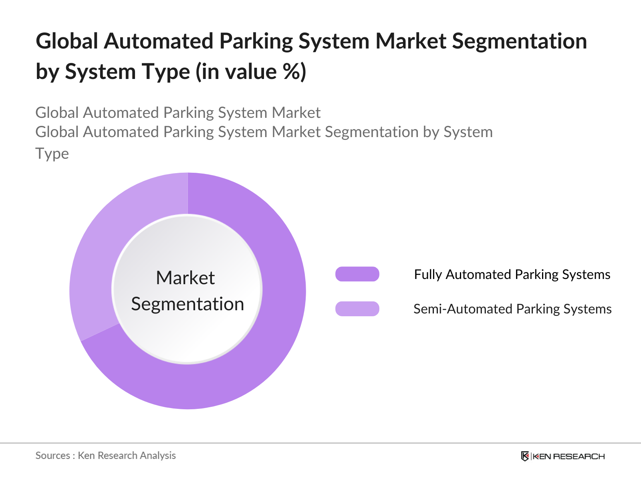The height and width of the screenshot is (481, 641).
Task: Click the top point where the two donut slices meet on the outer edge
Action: (x=188, y=173)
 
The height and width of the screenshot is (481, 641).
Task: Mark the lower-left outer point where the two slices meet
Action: (x=81, y=341)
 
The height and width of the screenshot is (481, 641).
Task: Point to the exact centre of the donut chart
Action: (x=187, y=291)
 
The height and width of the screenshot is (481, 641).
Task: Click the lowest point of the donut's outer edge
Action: (x=187, y=409)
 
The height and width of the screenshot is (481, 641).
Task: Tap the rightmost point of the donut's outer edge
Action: (x=306, y=291)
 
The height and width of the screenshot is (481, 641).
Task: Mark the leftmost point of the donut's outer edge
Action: (x=69, y=291)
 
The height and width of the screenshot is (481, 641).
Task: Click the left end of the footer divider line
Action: (x=0, y=443)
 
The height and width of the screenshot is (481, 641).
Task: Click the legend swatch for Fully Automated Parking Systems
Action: (x=357, y=274)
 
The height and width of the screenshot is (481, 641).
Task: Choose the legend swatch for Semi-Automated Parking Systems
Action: (x=357, y=309)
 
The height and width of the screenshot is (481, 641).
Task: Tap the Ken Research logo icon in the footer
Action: (x=525, y=456)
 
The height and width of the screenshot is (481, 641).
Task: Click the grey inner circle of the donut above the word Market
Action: (x=187, y=243)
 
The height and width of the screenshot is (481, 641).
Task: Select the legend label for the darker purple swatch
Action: (x=512, y=275)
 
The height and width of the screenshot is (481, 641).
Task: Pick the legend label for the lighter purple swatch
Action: (x=512, y=309)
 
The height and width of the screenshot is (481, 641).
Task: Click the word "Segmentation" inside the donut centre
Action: (x=187, y=304)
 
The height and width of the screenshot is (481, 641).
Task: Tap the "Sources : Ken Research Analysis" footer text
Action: (x=105, y=456)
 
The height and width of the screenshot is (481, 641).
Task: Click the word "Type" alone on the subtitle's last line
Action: (x=52, y=154)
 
